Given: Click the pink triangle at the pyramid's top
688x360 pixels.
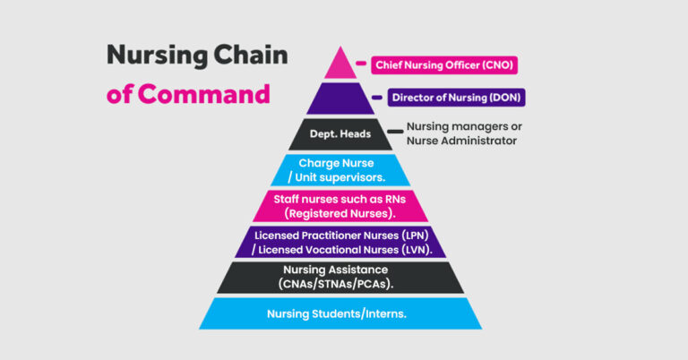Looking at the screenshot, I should (x=340, y=65).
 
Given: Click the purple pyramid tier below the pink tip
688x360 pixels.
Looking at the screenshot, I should (x=340, y=98).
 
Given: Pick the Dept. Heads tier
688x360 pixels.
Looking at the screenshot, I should (x=340, y=133).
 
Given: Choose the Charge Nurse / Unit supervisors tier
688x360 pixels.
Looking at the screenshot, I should (x=340, y=170).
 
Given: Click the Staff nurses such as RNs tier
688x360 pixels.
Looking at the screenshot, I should (x=340, y=206).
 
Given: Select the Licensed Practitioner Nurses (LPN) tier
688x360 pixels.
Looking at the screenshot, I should (x=340, y=242).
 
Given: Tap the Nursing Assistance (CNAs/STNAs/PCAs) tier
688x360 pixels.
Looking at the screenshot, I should (x=340, y=277).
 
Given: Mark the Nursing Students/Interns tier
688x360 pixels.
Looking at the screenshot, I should (x=340, y=313).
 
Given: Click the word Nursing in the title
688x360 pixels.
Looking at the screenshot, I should (x=150, y=56).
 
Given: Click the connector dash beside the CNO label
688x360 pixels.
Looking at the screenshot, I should (x=361, y=65).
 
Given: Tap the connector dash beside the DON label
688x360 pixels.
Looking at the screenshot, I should (x=378, y=97).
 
